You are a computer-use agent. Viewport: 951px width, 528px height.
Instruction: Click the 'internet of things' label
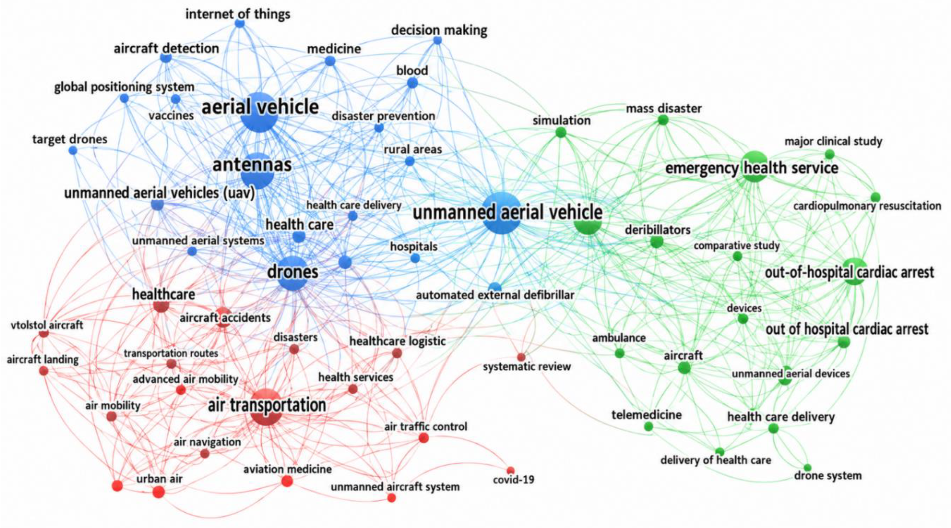[238, 14]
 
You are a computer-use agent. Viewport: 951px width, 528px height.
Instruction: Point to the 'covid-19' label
[514, 480]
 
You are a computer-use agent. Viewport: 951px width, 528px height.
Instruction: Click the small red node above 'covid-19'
[511, 470]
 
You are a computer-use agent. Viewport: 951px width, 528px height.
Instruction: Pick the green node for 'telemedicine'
[649, 427]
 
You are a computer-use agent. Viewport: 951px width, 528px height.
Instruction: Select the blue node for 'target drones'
[73, 150]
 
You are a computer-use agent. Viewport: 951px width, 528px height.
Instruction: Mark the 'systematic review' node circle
[521, 357]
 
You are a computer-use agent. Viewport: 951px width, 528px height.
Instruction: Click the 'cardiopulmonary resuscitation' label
[867, 206]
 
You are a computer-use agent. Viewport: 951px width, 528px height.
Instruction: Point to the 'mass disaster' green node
[663, 120]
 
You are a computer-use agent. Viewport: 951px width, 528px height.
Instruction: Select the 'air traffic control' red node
[423, 438]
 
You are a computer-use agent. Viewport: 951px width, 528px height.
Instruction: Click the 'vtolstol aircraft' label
[47, 325]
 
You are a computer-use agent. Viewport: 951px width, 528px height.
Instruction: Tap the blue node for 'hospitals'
[415, 258]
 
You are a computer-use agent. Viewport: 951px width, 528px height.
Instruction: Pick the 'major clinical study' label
[833, 141]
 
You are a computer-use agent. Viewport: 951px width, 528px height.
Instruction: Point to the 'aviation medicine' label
[287, 469]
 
